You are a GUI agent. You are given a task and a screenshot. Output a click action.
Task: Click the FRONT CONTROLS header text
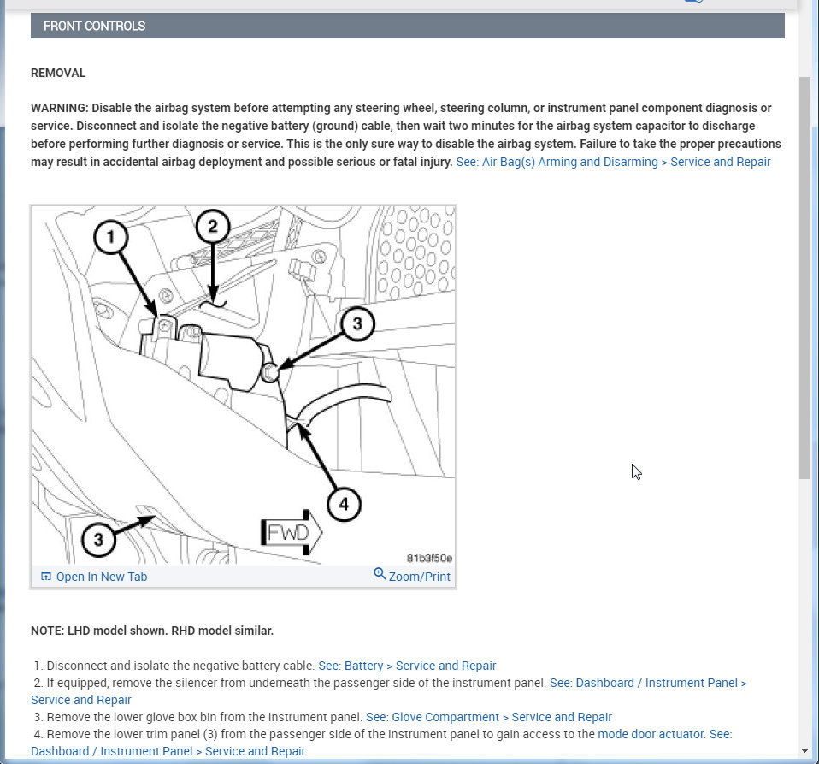pos(94,26)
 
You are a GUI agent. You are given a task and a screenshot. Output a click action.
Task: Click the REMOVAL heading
pos(58,74)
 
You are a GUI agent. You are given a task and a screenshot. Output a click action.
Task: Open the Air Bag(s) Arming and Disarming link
pos(613,162)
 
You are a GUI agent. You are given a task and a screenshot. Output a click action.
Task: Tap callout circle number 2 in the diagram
pos(213,227)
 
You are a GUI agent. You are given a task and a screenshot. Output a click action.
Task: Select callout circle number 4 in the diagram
pos(344,505)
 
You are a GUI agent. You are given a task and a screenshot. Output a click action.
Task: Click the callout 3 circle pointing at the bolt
pos(357,323)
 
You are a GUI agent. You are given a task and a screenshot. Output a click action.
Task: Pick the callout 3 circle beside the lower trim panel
pos(99,539)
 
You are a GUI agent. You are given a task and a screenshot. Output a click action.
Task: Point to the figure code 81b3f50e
pos(429,559)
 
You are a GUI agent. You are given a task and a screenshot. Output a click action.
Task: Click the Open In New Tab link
pos(101,577)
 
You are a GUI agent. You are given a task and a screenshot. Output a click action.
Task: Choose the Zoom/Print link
pos(419,577)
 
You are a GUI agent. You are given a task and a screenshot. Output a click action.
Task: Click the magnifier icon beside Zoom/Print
pos(380,575)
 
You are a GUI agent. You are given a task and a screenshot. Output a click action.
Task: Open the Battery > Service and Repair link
pos(407,666)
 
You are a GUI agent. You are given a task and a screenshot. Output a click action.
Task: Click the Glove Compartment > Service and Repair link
pos(489,717)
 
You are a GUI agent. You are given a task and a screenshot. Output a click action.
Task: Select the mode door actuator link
pos(651,734)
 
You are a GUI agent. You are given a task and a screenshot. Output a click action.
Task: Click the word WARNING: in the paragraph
pos(59,108)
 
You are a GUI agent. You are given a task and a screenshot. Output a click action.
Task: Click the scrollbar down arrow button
pos(804,751)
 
